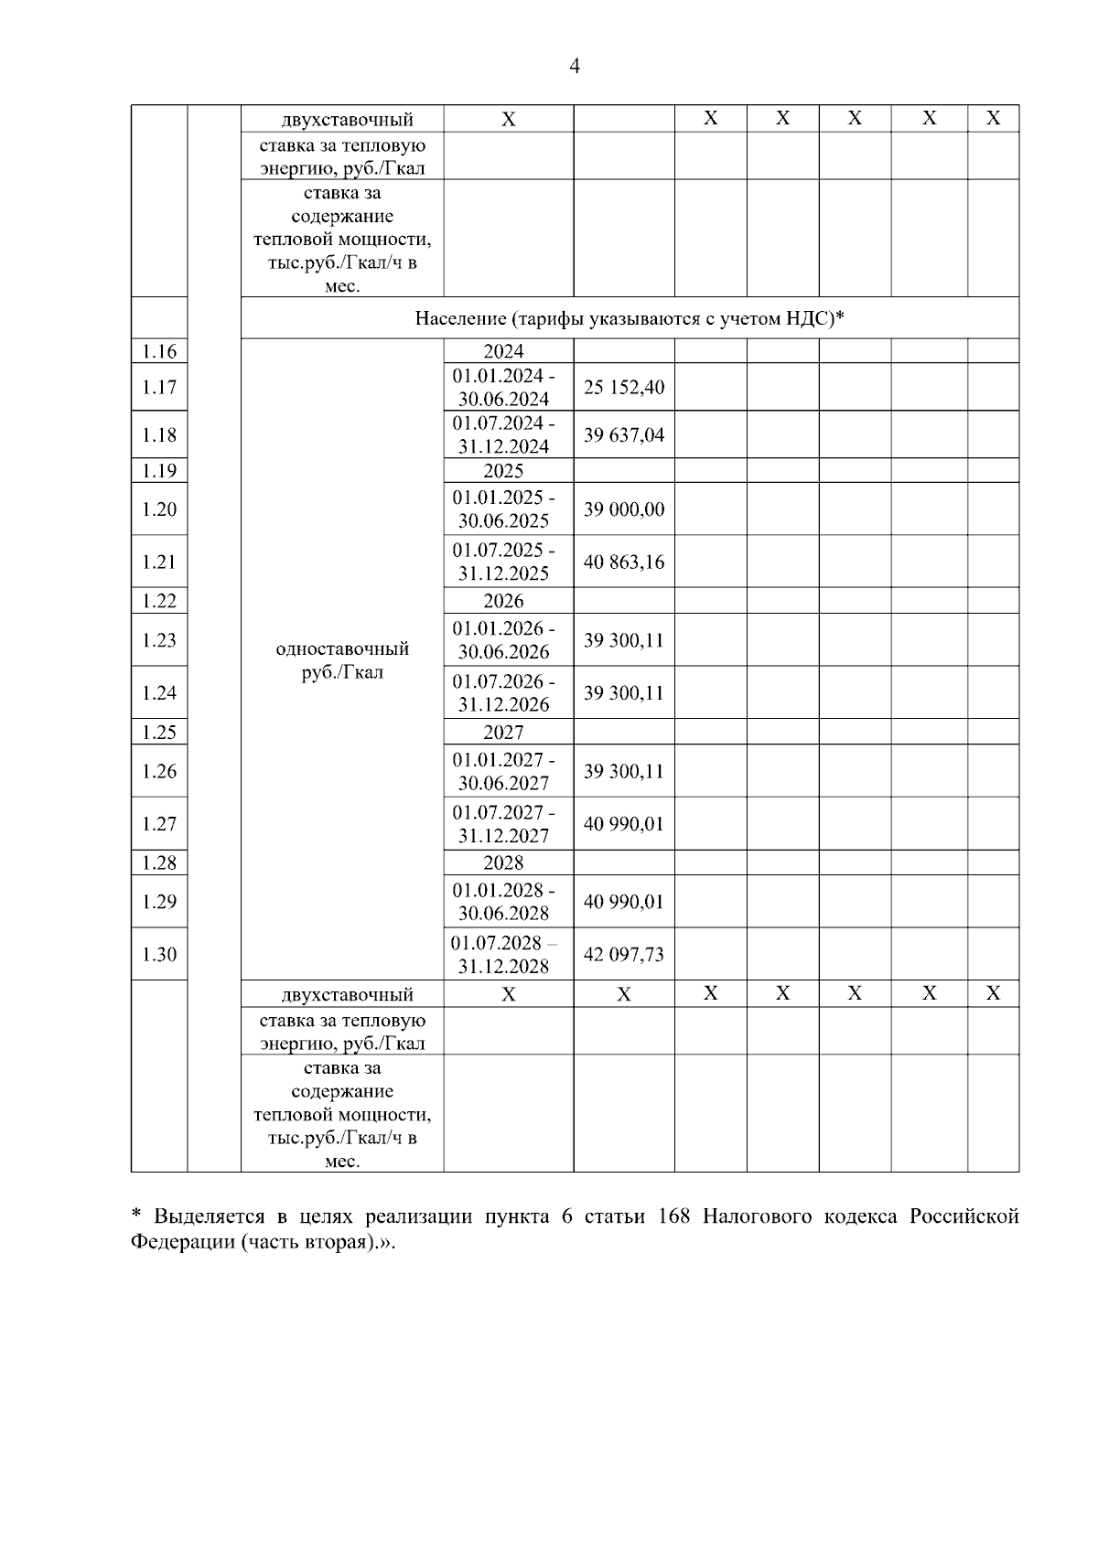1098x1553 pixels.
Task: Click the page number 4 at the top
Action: (575, 66)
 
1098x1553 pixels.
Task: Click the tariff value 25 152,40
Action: (624, 387)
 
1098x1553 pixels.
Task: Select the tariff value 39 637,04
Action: (624, 434)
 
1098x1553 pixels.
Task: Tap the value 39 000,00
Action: (624, 509)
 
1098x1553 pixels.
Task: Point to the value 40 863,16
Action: (624, 562)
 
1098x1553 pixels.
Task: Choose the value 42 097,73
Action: (624, 954)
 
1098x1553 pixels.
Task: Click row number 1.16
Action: (159, 351)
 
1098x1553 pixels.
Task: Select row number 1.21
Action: (159, 562)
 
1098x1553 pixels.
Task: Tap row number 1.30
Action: (159, 954)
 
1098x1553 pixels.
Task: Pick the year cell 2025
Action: (504, 470)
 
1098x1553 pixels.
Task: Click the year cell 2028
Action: (504, 862)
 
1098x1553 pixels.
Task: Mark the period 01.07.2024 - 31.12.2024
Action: (504, 434)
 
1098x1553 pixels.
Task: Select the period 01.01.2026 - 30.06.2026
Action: (504, 640)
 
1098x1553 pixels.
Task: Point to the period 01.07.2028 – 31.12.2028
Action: (504, 954)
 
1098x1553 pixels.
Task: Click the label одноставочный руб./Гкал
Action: (342, 660)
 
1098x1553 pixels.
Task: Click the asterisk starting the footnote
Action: (136, 1215)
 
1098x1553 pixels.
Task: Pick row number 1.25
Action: (159, 732)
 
